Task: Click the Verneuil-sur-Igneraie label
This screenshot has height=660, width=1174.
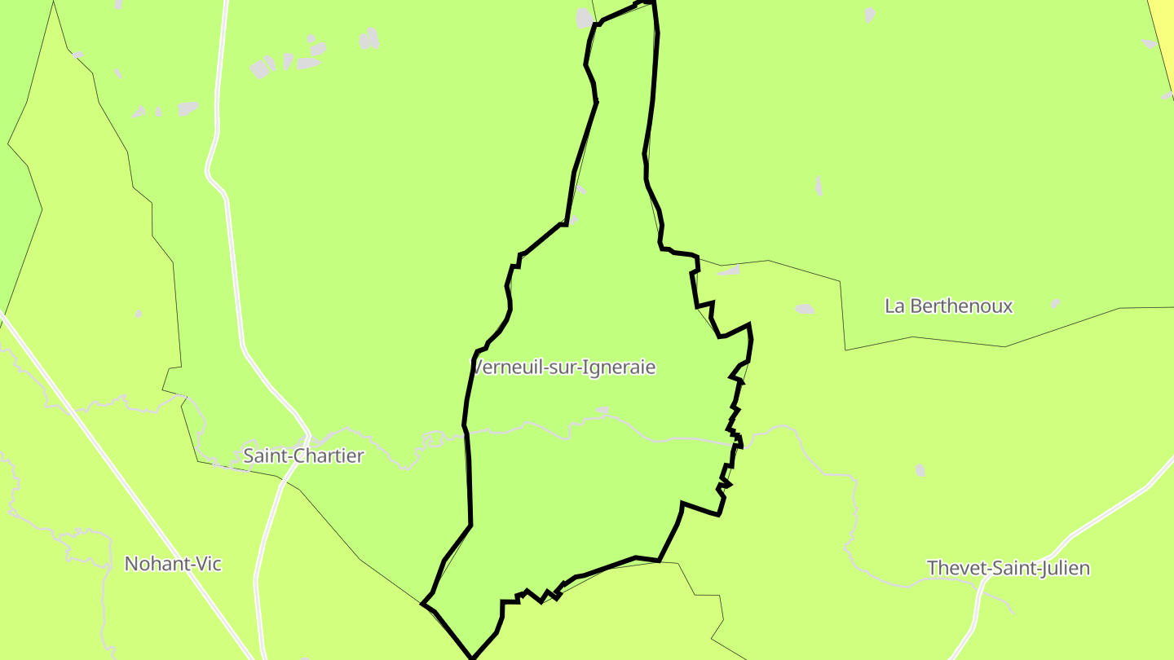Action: [x=564, y=367]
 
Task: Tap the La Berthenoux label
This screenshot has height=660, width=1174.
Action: [x=949, y=306]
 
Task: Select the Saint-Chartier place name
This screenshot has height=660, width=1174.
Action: [x=303, y=455]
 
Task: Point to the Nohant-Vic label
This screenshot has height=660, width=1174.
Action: [x=173, y=563]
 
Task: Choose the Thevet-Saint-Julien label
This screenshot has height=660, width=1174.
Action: [x=1008, y=568]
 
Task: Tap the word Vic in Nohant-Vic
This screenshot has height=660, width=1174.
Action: [x=207, y=563]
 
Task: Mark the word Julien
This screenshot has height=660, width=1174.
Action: [x=1062, y=568]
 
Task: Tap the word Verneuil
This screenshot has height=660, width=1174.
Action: [x=503, y=367]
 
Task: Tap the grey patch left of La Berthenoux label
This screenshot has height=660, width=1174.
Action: [x=805, y=309]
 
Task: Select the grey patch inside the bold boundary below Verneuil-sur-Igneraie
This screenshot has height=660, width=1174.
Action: [x=602, y=410]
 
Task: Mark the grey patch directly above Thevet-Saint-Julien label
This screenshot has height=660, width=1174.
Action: [x=920, y=470]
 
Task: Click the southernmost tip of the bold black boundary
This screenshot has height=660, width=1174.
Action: [x=472, y=657]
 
